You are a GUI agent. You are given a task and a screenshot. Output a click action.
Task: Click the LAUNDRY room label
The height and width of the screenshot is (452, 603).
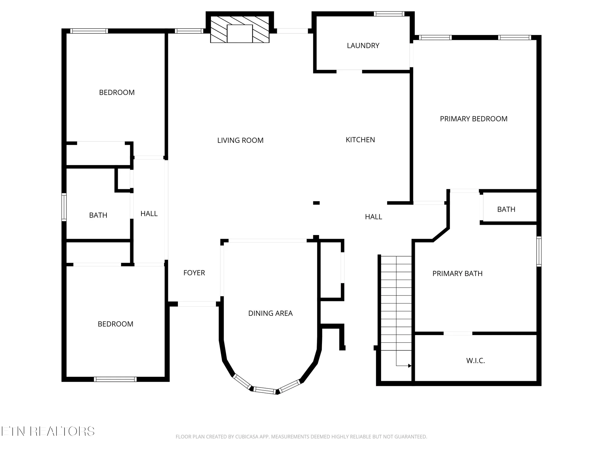pyautogui.click(x=363, y=46)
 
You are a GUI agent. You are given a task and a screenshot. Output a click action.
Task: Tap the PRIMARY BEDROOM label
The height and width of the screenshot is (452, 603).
pyautogui.click(x=473, y=119)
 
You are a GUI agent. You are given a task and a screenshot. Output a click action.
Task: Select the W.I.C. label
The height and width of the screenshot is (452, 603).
pyautogui.click(x=475, y=361)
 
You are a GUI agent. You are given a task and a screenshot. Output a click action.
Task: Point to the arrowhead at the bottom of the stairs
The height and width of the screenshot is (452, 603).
pyautogui.click(x=410, y=366)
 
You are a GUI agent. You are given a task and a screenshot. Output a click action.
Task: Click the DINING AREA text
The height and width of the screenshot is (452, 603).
pyautogui.click(x=270, y=313)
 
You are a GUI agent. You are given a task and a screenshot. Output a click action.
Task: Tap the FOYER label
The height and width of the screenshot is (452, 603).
pyautogui.click(x=194, y=273)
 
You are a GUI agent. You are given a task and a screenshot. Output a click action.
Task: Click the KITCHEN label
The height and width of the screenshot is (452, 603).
pyautogui.click(x=360, y=140)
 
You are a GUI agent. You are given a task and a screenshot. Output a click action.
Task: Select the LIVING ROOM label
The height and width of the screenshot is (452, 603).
pyautogui.click(x=240, y=140)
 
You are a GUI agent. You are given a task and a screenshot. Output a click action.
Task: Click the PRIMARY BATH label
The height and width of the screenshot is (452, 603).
pyautogui.click(x=457, y=274)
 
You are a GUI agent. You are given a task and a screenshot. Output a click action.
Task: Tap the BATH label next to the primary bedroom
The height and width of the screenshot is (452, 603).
pyautogui.click(x=506, y=209)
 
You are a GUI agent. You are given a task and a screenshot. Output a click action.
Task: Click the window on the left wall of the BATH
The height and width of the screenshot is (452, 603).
pyautogui.click(x=64, y=207)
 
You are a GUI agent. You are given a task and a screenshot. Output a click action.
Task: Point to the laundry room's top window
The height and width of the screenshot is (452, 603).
pyautogui.click(x=389, y=14)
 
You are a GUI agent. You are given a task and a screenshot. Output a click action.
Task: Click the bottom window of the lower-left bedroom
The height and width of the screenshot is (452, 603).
pyautogui.click(x=115, y=379)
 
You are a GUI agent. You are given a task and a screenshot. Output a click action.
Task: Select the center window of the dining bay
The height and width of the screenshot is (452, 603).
pyautogui.click(x=264, y=391)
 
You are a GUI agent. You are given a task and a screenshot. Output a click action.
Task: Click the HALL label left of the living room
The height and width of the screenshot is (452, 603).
pyautogui.click(x=149, y=214)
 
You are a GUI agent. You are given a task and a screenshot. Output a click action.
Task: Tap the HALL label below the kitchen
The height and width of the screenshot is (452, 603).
pyautogui.click(x=373, y=217)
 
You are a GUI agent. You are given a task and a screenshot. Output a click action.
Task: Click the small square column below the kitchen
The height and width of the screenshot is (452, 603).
pyautogui.click(x=316, y=203)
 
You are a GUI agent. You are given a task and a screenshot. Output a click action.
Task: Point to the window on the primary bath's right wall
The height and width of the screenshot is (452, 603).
pyautogui.click(x=539, y=251)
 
